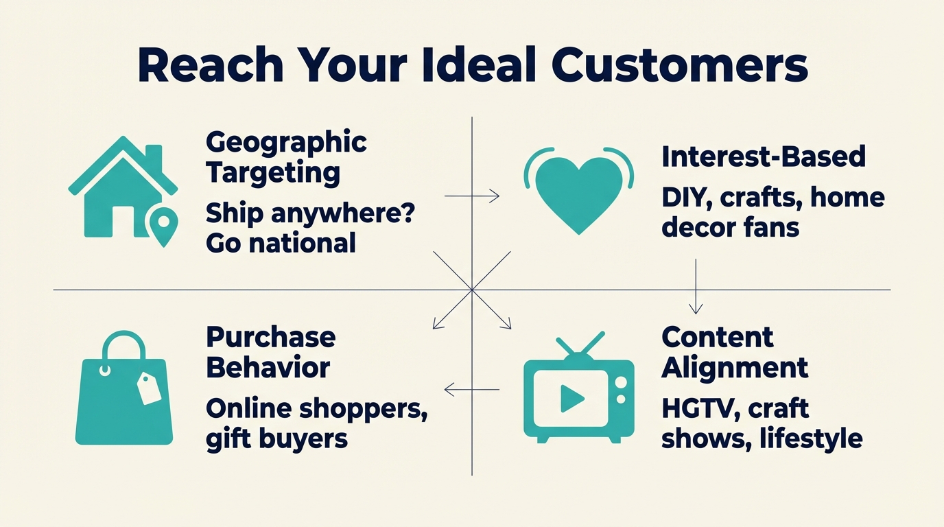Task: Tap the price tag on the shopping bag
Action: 149,388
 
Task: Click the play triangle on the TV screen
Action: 571,398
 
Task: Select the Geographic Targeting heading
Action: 286,157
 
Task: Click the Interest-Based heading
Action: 763,157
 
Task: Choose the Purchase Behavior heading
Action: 270,352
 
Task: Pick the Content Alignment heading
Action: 734,352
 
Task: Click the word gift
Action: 224,439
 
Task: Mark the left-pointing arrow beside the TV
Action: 471,390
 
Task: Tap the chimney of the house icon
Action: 154,156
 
